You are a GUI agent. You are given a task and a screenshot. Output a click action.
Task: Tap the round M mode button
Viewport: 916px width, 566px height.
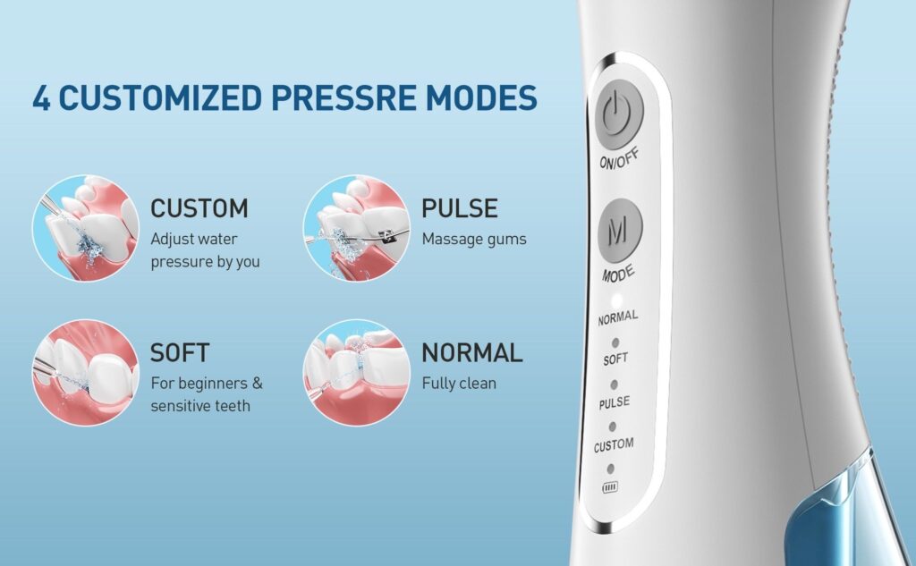620,230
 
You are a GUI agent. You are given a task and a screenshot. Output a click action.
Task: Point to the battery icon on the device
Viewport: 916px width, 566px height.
610,487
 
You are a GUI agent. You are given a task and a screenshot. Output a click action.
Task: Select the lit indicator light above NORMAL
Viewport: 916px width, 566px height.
616,300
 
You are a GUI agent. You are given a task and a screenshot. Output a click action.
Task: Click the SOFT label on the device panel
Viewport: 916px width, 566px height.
615,359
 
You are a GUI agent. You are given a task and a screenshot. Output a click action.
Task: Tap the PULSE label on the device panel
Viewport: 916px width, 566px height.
615,402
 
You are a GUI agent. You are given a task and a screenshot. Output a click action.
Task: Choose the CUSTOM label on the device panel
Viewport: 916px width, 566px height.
614,445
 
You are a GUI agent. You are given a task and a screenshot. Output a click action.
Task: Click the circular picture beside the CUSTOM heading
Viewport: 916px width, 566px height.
85,228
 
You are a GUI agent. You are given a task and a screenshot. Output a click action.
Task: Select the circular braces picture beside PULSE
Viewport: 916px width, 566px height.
356,228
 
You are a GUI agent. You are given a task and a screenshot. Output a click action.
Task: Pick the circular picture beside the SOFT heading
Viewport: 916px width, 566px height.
85,372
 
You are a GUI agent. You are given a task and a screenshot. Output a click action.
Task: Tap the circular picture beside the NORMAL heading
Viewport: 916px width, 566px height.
356,372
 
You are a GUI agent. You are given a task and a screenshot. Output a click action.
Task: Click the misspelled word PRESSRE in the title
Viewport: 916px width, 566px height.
344,97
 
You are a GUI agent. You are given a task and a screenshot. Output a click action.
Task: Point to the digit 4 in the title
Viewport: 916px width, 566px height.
41,97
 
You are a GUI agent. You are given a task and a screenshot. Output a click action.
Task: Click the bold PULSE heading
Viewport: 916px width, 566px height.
460,208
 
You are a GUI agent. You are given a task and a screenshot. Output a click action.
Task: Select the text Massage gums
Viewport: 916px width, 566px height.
474,240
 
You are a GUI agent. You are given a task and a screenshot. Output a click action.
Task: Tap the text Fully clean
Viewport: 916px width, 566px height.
459,384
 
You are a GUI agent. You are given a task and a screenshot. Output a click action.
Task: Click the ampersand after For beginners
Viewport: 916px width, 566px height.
257,384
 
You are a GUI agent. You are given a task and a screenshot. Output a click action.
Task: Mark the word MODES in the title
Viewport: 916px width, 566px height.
481,97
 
